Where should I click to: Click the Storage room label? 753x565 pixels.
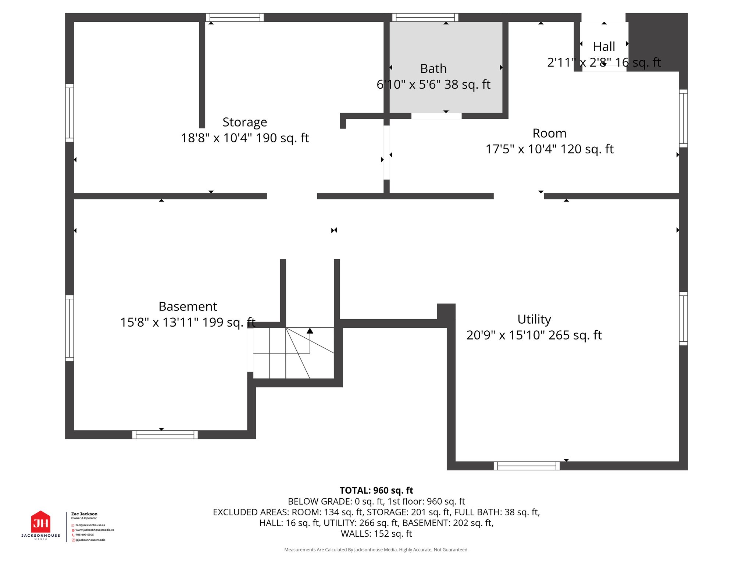[245, 122]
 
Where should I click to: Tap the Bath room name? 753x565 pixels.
[433, 69]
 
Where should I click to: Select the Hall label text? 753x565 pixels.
[604, 47]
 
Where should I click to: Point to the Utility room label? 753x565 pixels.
[534, 319]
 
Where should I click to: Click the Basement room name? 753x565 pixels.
[188, 306]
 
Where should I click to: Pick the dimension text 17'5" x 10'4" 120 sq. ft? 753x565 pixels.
[549, 149]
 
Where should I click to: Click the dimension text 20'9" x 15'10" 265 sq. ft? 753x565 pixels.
[534, 335]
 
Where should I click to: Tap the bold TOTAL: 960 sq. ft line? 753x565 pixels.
[376, 490]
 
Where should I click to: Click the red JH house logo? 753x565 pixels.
[40, 522]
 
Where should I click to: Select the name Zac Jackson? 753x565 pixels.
[84, 514]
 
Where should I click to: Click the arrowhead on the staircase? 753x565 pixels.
[310, 331]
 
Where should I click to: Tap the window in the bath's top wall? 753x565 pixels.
[425, 17]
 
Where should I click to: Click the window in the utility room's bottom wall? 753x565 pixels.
[527, 466]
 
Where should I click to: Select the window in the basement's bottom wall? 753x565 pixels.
[165, 435]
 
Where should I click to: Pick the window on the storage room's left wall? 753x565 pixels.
[69, 113]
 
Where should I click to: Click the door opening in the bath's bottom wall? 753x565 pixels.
[436, 116]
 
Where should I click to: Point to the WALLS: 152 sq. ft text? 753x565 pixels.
[376, 534]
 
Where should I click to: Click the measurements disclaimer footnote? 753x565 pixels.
[376, 550]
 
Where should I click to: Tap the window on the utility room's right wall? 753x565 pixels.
[683, 319]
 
